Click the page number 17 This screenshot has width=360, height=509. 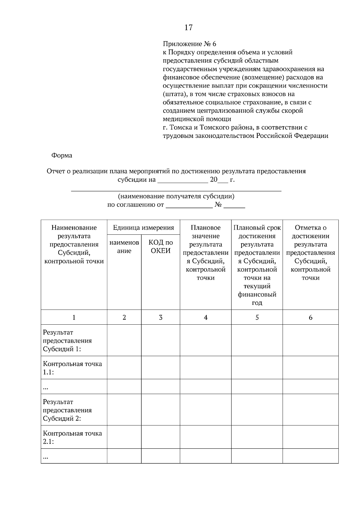point(188,28)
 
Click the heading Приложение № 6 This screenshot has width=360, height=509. point(189,44)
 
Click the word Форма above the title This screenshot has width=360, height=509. point(62,155)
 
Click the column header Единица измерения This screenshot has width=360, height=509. point(143,228)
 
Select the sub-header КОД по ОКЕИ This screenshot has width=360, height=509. point(160,247)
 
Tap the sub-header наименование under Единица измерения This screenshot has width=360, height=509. point(124,247)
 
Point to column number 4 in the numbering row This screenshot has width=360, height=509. point(205,317)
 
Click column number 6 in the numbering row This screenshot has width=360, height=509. point(310,317)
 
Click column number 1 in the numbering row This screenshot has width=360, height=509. point(74,317)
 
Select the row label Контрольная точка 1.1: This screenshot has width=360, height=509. point(72,368)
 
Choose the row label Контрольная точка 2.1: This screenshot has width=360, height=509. point(72,437)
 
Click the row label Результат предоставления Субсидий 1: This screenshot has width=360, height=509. point(67,341)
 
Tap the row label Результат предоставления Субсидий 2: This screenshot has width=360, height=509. point(67,410)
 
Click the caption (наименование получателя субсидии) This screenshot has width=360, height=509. point(176,196)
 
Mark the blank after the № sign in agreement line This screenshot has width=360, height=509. point(234,206)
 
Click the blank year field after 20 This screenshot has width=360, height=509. point(223,180)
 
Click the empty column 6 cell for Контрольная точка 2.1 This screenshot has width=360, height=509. point(310,437)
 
